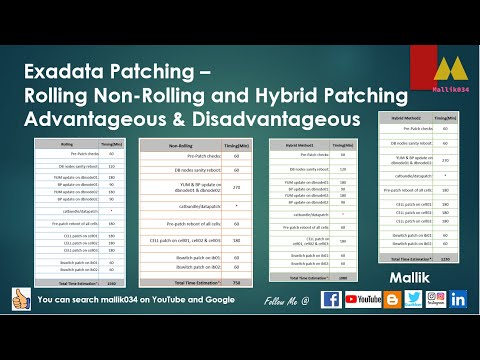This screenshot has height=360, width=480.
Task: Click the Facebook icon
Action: (332, 299)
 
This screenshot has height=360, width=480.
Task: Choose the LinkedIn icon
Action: (459, 299)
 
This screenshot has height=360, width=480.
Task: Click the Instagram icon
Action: (435, 299)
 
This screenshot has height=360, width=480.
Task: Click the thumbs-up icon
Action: (18, 299)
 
